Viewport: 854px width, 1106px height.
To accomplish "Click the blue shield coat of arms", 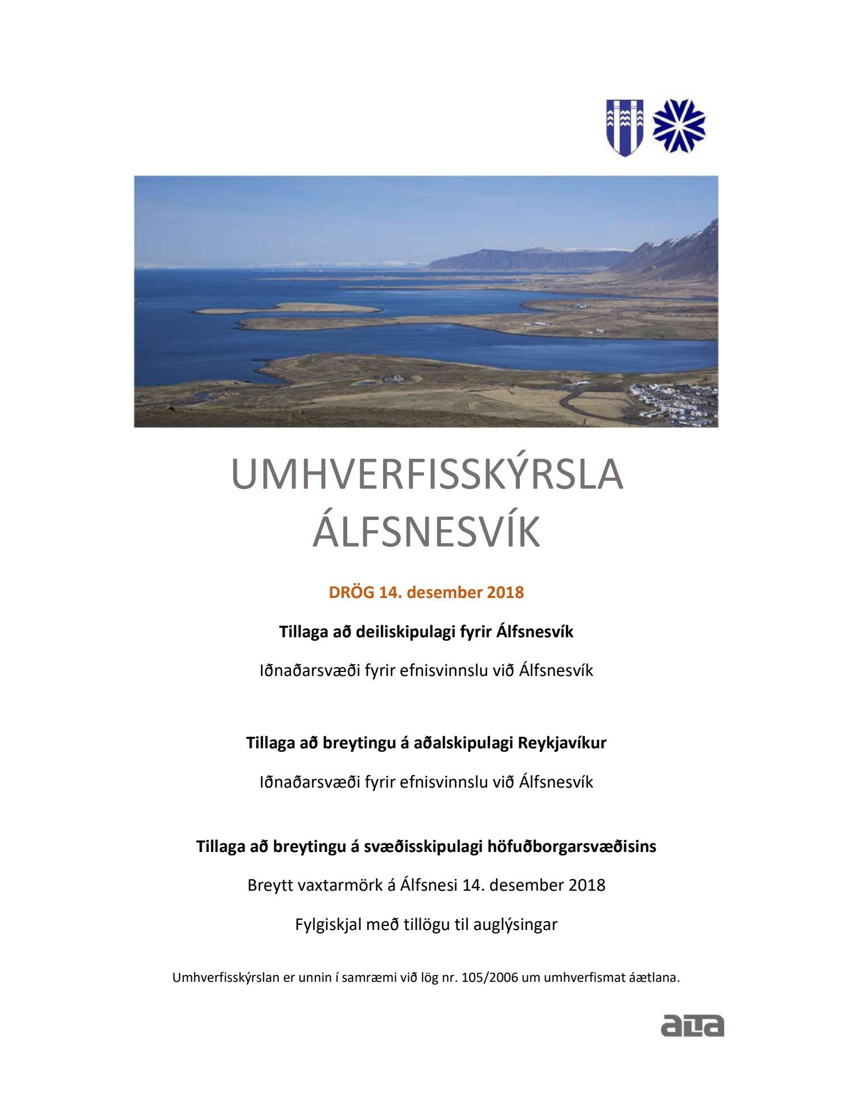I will point(625,127).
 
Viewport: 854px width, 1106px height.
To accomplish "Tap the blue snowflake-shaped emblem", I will point(679,126).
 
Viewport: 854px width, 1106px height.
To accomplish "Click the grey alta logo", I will point(692,1025).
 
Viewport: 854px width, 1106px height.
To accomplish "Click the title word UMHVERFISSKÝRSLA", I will point(427,475).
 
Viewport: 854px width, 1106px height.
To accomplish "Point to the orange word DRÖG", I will point(351,593).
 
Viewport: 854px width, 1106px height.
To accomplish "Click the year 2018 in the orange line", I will point(505,593).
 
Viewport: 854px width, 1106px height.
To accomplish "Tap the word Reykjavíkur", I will point(562,743).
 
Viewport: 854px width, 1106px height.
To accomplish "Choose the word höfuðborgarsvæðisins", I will point(572,847).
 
